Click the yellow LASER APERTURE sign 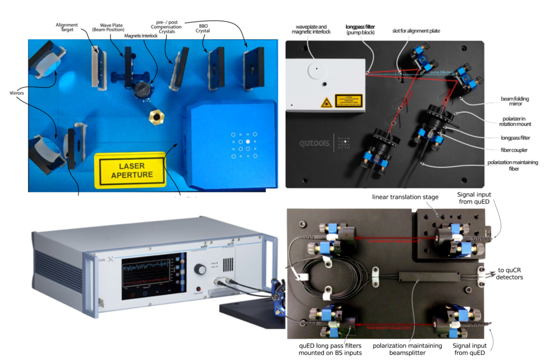click(131, 170)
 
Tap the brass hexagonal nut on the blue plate click(156, 116)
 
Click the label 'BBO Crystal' click(203, 28)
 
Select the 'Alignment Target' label click(66, 27)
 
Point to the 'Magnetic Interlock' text click(141, 36)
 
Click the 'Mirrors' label click(17, 93)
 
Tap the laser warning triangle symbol click(326, 103)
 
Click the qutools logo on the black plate click(314, 143)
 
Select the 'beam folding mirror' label click(515, 101)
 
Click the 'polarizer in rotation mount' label click(515, 121)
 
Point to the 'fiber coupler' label click(514, 150)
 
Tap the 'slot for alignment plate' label click(416, 31)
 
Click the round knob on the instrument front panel click(200, 269)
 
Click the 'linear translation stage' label click(405, 197)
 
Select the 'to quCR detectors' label click(509, 274)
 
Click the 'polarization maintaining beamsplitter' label click(407, 349)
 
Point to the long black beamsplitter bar click(429, 277)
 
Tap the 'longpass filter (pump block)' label click(360, 29)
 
